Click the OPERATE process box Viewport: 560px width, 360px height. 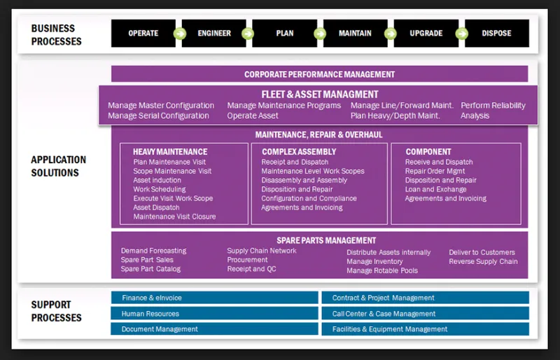pos(143,33)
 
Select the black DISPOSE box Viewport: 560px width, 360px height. pos(497,33)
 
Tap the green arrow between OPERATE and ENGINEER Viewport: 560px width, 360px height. pos(179,34)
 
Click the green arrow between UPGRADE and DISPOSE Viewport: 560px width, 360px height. pos(462,34)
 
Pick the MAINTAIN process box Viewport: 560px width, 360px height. pos(355,33)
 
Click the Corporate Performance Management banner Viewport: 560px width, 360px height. pos(320,74)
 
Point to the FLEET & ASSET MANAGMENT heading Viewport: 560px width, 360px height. pos(320,95)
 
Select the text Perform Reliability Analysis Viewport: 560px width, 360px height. pos(493,111)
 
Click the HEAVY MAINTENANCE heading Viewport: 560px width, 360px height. pos(170,151)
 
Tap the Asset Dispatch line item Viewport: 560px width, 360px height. pos(156,207)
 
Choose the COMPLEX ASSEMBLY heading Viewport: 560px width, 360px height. pos(299,151)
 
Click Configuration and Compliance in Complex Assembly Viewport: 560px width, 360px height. pos(309,198)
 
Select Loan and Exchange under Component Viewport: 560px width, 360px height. pos(435,189)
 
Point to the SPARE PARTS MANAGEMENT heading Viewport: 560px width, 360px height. pos(326,241)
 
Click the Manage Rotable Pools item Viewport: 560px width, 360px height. pos(382,270)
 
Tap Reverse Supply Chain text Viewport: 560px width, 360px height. pos(483,261)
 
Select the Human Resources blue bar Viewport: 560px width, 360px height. pos(214,314)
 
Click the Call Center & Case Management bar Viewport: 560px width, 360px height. pos(426,314)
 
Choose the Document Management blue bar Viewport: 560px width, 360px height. pos(214,329)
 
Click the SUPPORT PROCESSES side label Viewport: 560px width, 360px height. pos(56,311)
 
